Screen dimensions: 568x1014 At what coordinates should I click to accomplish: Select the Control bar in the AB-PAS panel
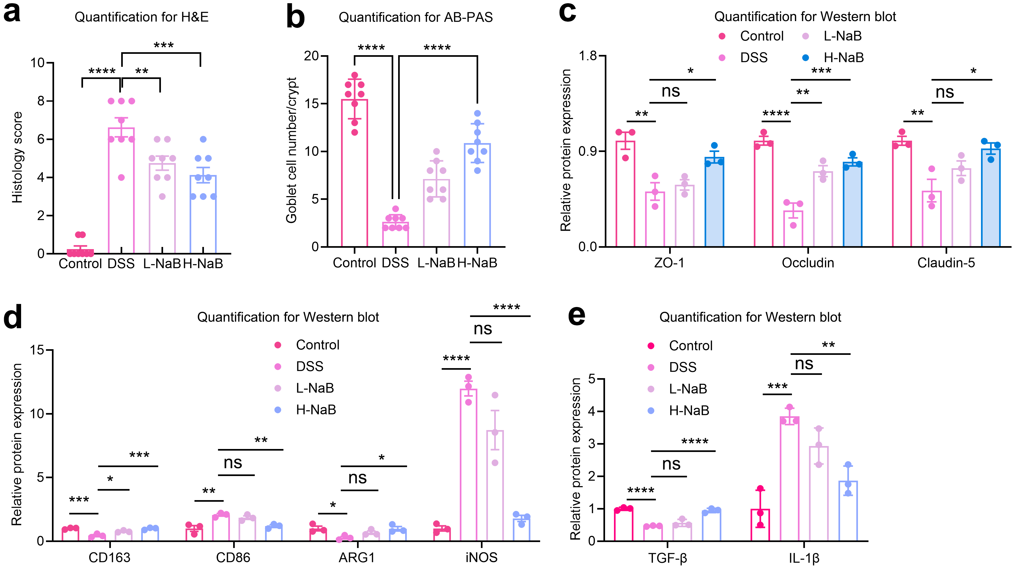click(355, 173)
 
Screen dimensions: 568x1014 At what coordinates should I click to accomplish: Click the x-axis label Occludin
click(808, 263)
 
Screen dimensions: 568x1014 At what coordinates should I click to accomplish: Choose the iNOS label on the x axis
click(481, 557)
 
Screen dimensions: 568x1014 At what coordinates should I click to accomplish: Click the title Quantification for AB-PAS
click(416, 17)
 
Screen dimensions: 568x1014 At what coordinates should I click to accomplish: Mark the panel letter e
click(577, 316)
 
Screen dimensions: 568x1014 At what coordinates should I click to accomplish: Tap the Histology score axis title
click(17, 157)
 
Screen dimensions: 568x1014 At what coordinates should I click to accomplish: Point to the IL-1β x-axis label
click(804, 558)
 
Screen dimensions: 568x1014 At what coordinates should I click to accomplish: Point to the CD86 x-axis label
click(233, 557)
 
